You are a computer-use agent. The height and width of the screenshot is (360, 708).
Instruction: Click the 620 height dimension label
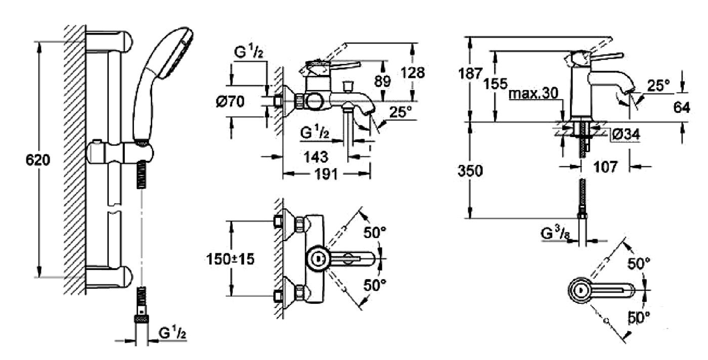click(x=38, y=161)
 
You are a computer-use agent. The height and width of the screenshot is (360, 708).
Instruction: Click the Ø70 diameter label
click(x=230, y=102)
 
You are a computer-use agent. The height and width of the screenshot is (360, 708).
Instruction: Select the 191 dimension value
click(x=327, y=174)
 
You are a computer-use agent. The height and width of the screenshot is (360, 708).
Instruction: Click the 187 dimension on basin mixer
click(x=471, y=73)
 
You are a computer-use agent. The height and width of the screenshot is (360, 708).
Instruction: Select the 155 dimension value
click(x=496, y=83)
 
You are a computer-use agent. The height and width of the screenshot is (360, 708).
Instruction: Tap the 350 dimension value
click(x=471, y=170)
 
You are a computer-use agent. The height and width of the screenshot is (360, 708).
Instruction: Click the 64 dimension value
click(x=681, y=108)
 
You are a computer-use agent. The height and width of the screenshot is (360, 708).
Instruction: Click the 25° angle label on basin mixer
click(x=658, y=86)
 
